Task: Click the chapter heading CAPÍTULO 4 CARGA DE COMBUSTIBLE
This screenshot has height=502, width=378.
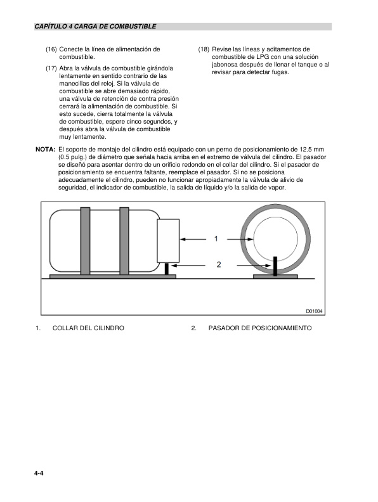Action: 95,27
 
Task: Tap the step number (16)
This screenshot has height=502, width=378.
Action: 51,49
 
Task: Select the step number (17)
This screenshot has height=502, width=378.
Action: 51,68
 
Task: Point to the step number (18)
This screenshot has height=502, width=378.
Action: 204,49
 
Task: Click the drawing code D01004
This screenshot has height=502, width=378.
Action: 314,311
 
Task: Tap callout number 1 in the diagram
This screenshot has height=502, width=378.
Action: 216,239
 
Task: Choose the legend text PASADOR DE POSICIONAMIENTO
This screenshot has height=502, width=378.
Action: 260,328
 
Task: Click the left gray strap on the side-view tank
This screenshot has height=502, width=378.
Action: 85,241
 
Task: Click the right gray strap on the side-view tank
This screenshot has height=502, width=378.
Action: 125,241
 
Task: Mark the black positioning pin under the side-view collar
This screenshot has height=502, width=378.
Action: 167,268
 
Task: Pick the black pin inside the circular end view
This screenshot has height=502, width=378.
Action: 276,265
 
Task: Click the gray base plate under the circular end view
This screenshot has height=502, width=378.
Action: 276,276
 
